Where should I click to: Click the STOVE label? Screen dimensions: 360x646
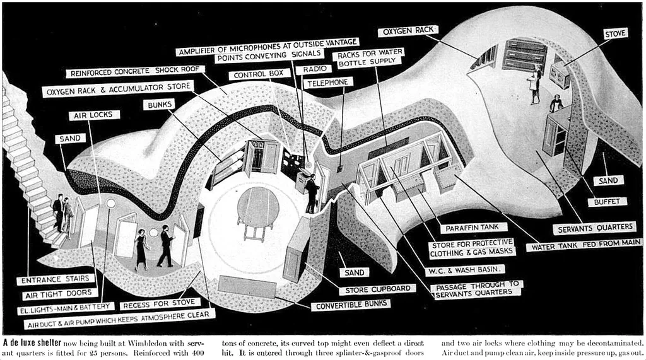pos(616,33)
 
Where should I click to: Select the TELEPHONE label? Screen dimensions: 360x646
pos(328,83)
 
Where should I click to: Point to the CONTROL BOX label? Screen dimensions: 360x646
pos(259,74)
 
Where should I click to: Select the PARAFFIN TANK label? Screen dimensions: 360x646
pos(464,228)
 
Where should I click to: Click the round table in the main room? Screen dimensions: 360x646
pos(257,206)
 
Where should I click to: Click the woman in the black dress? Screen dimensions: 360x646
pos(141,248)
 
